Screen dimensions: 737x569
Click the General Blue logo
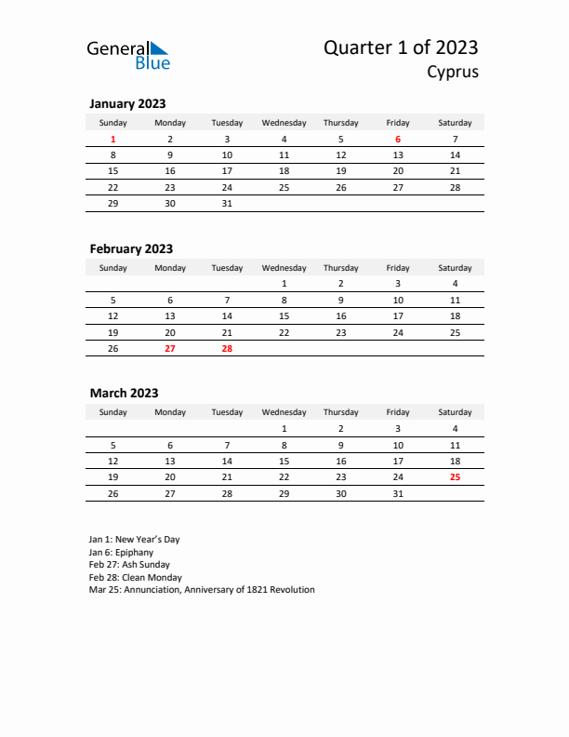(128, 55)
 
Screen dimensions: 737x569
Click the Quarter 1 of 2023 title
(401, 47)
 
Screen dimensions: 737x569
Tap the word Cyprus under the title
(453, 72)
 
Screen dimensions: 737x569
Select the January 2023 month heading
(127, 104)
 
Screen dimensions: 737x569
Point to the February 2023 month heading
(131, 248)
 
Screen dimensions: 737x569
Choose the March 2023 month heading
(124, 393)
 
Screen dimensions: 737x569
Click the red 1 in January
(113, 140)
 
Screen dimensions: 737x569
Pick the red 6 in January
(398, 140)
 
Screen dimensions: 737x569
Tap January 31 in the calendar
(227, 203)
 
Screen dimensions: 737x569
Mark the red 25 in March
(455, 476)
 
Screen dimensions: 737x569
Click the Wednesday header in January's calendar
(284, 123)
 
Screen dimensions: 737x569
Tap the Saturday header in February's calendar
(455, 268)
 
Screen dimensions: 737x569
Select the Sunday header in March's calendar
(113, 412)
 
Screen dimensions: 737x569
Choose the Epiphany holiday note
(122, 552)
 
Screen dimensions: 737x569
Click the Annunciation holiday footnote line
(202, 590)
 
